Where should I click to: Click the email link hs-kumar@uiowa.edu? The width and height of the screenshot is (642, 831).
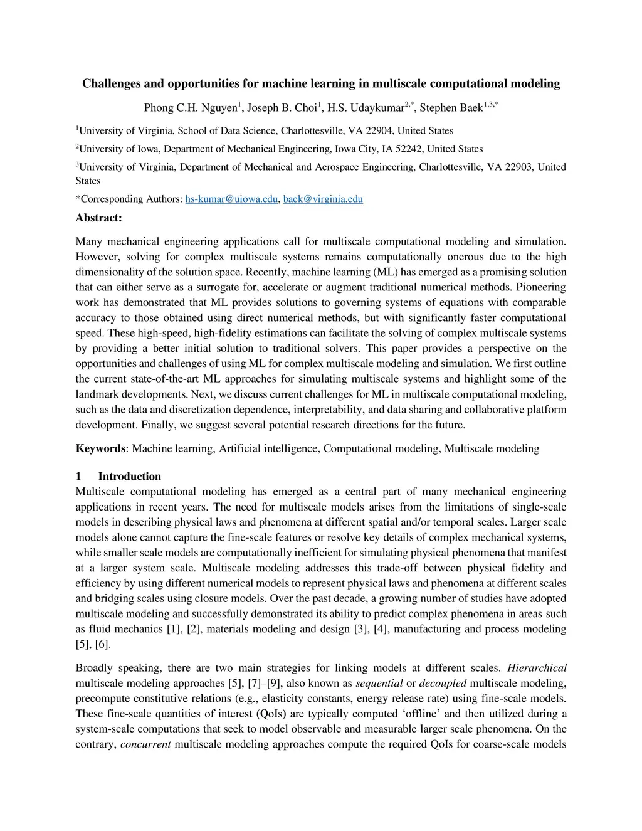231,199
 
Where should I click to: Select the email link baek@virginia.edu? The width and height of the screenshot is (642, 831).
323,199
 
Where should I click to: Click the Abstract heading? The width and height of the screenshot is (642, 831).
98,218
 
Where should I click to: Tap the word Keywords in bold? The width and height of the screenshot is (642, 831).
100,448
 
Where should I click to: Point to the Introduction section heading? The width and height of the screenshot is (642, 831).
129,476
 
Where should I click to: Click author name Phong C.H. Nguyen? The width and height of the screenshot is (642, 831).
190,108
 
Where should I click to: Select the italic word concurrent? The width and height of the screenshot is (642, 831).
145,744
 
